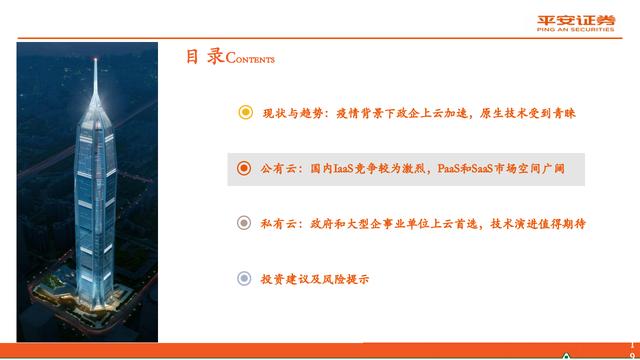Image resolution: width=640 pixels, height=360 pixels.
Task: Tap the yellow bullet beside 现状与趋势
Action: click(244, 113)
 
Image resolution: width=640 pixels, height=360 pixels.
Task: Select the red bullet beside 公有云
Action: click(244, 169)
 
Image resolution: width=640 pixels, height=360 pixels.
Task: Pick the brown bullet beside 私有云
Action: click(244, 223)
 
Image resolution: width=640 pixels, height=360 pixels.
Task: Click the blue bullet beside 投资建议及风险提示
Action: click(244, 279)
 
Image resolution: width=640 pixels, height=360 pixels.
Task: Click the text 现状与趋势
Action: click(286, 113)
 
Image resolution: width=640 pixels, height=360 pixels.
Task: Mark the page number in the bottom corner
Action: click(629, 347)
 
